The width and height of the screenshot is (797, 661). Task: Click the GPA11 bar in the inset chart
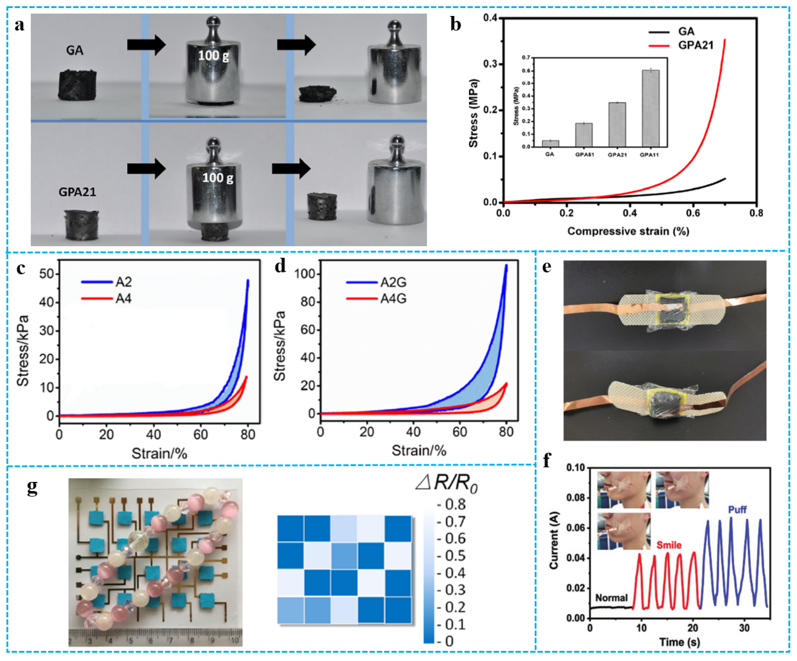coord(650,108)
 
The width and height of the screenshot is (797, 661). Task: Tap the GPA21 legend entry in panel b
coord(696,46)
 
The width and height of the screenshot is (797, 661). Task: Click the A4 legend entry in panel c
coord(123,299)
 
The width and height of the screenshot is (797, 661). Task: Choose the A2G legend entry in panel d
coord(393,282)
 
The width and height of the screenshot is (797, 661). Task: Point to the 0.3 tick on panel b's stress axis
coord(492,64)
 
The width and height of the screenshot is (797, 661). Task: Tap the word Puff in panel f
coord(737,509)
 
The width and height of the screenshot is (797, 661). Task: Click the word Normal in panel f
coord(611,598)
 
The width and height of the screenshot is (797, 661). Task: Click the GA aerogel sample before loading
coord(77,84)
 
